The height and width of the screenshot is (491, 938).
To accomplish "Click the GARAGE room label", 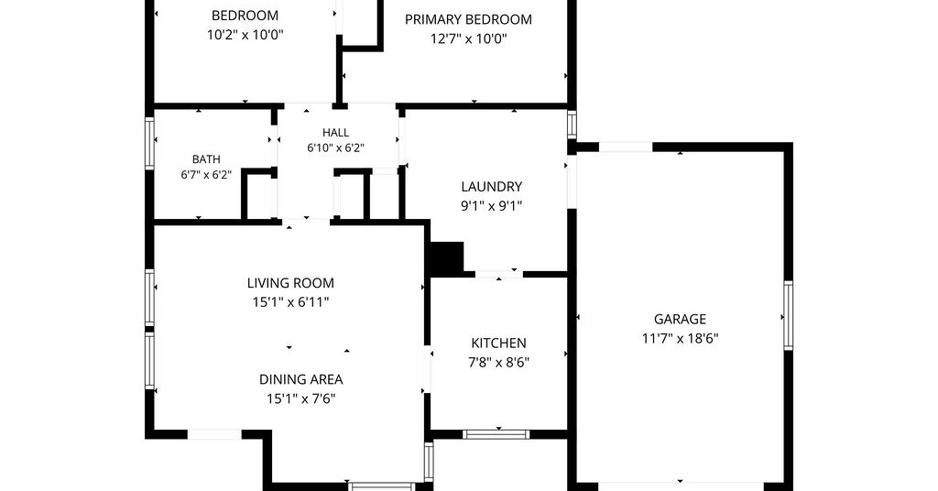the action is coord(680,319).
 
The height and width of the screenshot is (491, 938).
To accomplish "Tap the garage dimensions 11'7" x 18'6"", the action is coord(681,339).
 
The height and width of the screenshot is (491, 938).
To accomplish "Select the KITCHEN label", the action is coord(499,343).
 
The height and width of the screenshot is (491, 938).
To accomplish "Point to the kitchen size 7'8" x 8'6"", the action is coord(499,362).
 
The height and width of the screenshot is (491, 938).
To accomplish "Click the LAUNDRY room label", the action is coord(491,187).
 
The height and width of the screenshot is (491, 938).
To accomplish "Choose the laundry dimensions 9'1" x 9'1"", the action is coord(491,206).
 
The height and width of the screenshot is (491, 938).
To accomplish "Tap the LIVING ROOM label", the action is coord(290,283).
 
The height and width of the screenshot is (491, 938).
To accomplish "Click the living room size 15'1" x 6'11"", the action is coord(290,302).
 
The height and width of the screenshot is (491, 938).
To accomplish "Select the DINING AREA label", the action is coord(300,379).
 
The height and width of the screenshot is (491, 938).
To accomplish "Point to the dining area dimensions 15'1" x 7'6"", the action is coord(300,398).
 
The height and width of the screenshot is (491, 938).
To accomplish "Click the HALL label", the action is coord(335,132).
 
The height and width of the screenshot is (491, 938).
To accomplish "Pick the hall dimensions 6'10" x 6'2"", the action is coord(335,147).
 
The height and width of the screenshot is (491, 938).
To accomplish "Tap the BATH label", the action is coord(206,159).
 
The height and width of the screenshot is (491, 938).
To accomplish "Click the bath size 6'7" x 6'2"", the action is coord(206,175).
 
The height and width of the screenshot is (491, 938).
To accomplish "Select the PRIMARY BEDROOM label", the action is coord(468,19).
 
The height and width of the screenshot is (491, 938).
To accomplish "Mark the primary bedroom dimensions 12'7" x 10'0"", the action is coord(468,38).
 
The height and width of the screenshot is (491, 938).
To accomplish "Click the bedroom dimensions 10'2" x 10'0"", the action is coord(245,35).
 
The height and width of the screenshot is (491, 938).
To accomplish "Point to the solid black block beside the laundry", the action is coord(447,258).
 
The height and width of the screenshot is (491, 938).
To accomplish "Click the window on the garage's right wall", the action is coord(789,315).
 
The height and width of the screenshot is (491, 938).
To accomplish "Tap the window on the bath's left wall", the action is coord(150,144).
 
